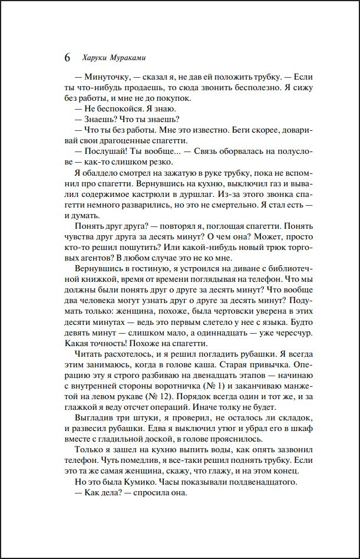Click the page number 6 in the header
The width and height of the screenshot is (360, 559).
66,58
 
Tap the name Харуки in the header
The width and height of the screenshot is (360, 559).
92,58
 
